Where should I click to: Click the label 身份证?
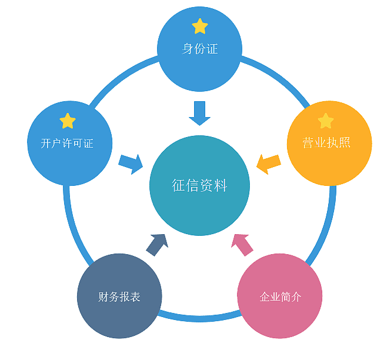(x=200, y=49)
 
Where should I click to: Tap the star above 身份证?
(x=200, y=26)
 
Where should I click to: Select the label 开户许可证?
(x=68, y=144)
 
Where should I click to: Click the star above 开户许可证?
(x=68, y=121)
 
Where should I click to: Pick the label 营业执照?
(x=326, y=143)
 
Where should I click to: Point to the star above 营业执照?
(x=326, y=121)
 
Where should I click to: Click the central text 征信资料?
(x=200, y=186)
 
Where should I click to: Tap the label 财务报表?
(x=119, y=297)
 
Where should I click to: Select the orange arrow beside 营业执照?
(x=269, y=163)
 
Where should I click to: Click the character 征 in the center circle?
(x=179, y=186)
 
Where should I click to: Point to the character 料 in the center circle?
(x=221, y=186)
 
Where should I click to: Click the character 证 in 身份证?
(x=212, y=49)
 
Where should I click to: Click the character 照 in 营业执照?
(x=345, y=143)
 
